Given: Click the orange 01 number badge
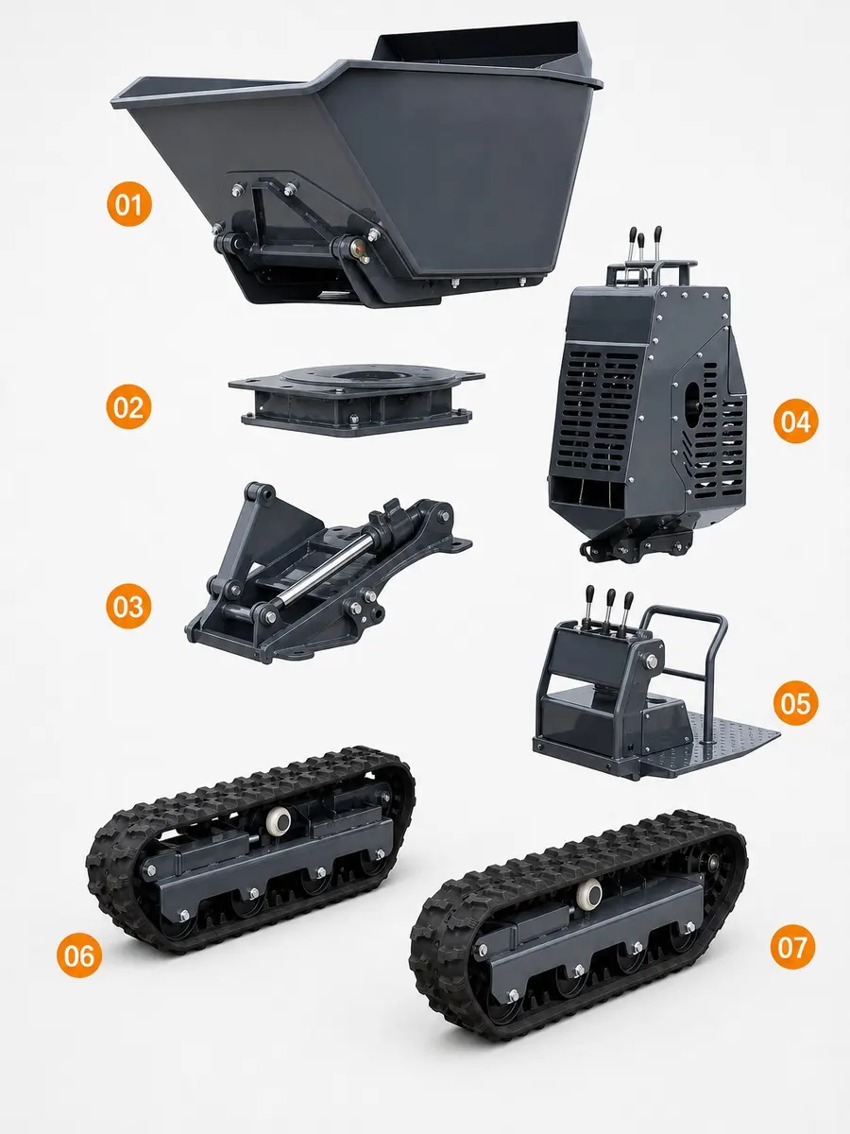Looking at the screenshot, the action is click(129, 204).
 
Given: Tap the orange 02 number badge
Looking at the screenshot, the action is click(128, 406).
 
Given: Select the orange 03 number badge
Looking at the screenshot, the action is click(128, 606).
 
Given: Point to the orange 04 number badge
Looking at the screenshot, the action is click(796, 421).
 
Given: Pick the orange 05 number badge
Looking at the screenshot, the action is click(795, 703).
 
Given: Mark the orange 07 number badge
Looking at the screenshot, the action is click(792, 947).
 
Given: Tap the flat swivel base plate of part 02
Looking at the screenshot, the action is click(356, 401).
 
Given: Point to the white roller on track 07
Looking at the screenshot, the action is click(590, 892).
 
